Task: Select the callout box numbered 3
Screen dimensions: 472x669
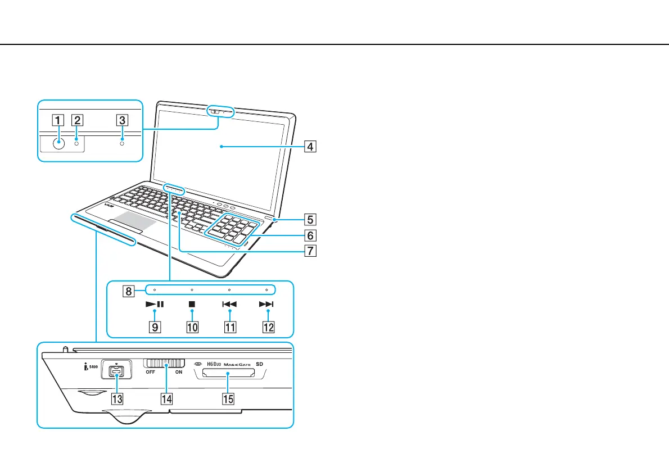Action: (x=122, y=119)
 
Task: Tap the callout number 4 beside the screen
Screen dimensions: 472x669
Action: (x=310, y=148)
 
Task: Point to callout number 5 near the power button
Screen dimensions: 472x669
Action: (x=310, y=217)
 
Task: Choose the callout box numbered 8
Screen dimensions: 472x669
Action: (x=129, y=291)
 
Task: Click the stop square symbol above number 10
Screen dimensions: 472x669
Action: (x=192, y=305)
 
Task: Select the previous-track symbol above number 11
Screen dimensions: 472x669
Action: (x=229, y=305)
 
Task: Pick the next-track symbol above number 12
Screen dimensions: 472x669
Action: (x=266, y=305)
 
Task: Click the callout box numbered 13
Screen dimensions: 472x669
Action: (x=117, y=399)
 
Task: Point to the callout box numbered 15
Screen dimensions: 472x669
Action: (x=228, y=399)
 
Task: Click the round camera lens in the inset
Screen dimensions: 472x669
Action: (x=58, y=143)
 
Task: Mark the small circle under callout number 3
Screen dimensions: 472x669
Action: (x=122, y=143)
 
